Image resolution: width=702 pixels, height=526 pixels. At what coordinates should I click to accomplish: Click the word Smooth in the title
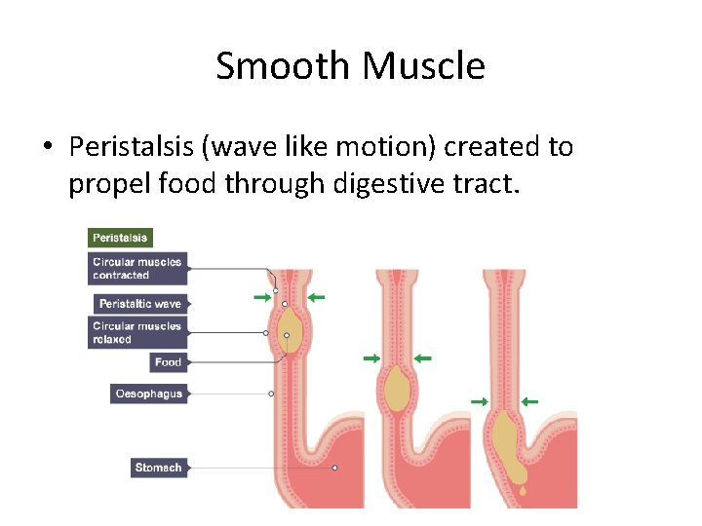click(284, 66)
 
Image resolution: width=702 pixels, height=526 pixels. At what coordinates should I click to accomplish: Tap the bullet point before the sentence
click(47, 148)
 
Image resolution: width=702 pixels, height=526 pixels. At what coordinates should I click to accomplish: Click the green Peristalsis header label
click(120, 238)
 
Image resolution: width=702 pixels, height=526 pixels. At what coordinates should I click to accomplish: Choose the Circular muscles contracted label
click(136, 268)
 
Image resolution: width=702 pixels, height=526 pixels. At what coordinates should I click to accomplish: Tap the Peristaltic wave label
click(139, 304)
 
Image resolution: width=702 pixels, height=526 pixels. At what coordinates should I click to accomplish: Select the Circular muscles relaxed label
click(136, 332)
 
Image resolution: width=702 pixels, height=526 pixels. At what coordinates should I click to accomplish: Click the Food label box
click(168, 362)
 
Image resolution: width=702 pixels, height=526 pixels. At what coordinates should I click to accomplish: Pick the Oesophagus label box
click(148, 394)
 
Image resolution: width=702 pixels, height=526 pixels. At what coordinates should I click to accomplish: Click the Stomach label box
click(158, 468)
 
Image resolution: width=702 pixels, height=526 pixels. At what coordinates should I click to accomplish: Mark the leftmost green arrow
click(260, 296)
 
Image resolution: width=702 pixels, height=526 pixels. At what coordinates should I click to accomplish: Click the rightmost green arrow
click(528, 400)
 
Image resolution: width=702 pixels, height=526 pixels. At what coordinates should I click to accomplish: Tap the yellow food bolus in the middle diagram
click(396, 391)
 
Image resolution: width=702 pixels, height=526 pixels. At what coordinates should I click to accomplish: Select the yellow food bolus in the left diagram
click(287, 335)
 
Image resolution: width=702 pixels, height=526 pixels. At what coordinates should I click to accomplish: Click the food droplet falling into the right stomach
click(523, 491)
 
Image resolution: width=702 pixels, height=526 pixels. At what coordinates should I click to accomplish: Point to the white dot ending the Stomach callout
click(334, 468)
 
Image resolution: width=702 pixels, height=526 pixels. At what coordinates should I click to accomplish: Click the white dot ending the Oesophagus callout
click(271, 394)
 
